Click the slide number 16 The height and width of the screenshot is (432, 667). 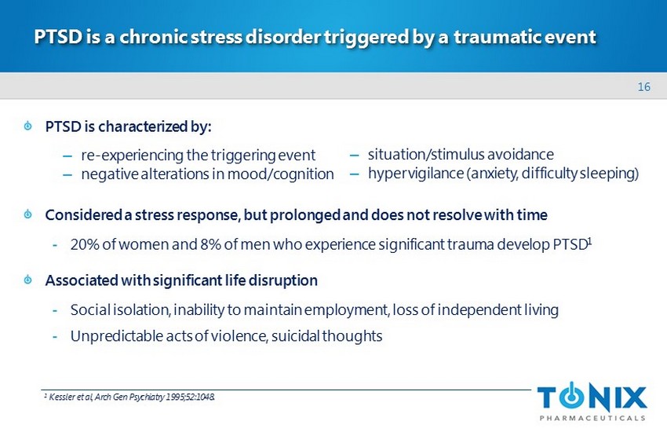tap(643, 87)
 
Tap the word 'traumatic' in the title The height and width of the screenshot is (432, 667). tap(497, 37)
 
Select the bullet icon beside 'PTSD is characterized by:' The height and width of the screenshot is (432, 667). tap(28, 126)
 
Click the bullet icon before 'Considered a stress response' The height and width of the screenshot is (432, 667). tap(28, 214)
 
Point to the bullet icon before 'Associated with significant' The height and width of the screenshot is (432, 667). tap(28, 280)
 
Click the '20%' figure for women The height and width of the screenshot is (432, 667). tap(85, 245)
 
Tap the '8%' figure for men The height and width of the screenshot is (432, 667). tap(210, 245)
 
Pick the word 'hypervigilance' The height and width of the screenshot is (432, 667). tap(416, 174)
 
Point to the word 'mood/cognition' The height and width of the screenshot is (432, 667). tap(280, 174)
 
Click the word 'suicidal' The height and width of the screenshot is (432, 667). tap(296, 336)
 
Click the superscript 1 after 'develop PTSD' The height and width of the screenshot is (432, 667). tap(589, 241)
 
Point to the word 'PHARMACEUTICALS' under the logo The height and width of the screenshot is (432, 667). tap(592, 418)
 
